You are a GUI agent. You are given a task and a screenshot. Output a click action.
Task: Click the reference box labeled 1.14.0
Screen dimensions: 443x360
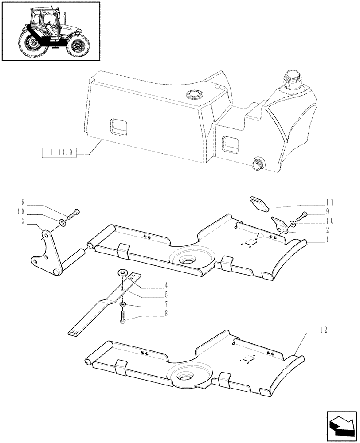point(59,153)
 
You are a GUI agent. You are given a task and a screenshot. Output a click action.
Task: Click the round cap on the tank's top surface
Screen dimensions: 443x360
point(193,94)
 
